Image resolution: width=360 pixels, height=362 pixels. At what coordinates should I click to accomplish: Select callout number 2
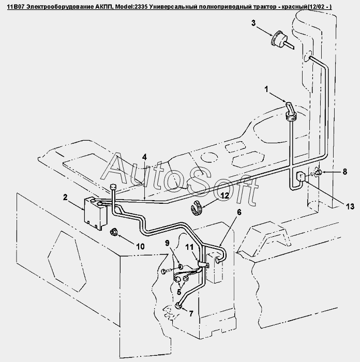[66, 197]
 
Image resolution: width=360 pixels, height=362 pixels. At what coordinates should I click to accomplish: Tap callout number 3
[253, 23]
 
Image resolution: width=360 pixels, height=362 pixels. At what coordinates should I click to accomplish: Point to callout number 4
[145, 156]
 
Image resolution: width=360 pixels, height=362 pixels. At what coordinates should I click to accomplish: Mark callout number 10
[140, 247]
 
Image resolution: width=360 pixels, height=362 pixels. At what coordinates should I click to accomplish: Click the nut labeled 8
[319, 172]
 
